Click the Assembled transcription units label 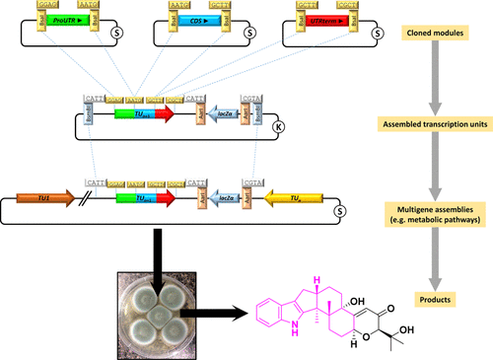click(x=426, y=125)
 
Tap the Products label click(x=426, y=295)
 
